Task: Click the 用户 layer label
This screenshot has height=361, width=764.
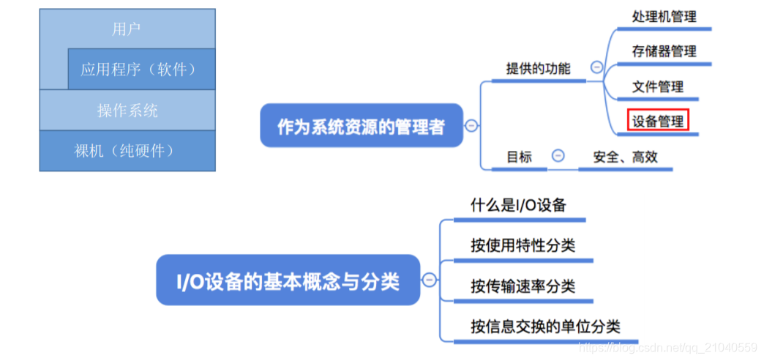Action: pos(127,29)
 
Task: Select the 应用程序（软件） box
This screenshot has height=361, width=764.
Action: pos(139,70)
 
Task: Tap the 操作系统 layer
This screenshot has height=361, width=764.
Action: pos(127,111)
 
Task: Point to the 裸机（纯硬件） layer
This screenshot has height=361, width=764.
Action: pos(127,151)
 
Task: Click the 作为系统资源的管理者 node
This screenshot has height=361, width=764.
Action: pos(361,126)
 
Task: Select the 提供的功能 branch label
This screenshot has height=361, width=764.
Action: pos(538,69)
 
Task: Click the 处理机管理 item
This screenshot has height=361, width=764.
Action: pos(664,17)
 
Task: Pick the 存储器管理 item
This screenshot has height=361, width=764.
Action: pos(664,51)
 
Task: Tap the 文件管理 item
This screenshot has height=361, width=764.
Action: pos(657,86)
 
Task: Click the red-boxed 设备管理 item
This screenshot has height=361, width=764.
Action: pos(657,121)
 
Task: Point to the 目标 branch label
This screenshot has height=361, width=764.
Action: pos(520,157)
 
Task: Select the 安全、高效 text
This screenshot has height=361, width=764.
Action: pos(625,157)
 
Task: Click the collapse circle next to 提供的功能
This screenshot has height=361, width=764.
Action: pos(596,67)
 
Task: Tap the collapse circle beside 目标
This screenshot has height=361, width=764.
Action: pos(558,156)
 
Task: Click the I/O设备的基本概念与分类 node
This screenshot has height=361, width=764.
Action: pos(288,280)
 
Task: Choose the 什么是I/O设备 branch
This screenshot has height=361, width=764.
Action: pos(518,205)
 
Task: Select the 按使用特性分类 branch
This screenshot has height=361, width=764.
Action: pos(523,245)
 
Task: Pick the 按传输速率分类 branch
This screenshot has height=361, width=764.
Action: pos(523,286)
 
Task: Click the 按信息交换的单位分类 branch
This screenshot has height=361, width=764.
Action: pos(545,327)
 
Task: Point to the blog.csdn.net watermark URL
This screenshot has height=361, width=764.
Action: pos(667,347)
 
